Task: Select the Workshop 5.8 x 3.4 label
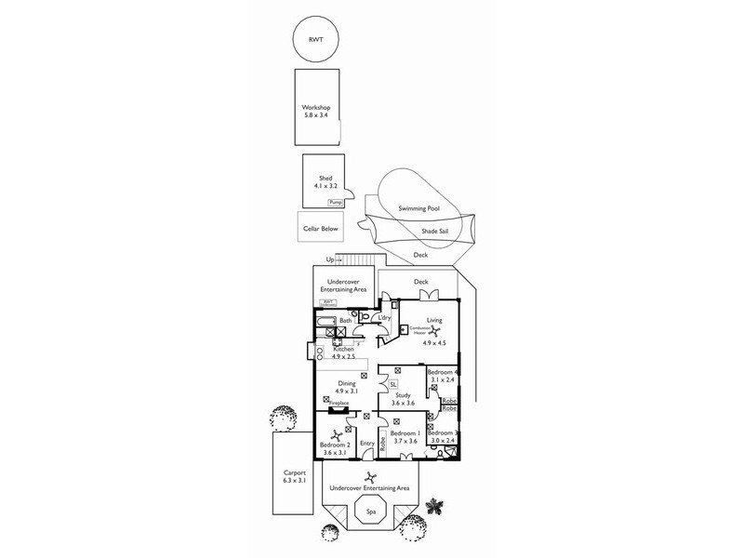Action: (316, 112)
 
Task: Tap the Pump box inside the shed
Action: (335, 201)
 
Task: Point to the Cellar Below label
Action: (317, 228)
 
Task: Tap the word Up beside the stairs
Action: (329, 259)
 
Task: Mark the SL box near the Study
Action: (393, 383)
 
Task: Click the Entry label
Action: (366, 445)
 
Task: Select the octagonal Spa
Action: (370, 511)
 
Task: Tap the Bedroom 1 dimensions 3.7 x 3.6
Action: (405, 441)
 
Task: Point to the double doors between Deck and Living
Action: (429, 295)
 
